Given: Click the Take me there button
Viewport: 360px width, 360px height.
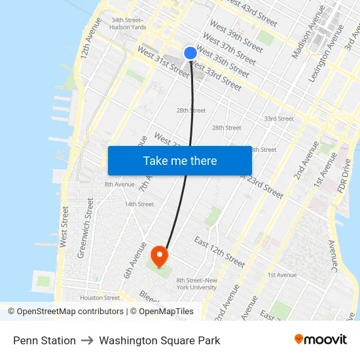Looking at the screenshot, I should point(180,160).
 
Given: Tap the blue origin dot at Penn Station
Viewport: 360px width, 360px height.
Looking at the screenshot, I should point(190,53).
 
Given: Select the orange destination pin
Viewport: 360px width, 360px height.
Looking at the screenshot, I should point(159,255).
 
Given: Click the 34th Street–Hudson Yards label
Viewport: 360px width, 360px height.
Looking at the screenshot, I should point(128,24).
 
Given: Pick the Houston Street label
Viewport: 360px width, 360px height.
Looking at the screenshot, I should point(100,298).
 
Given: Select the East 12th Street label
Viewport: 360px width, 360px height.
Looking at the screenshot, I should point(219,252).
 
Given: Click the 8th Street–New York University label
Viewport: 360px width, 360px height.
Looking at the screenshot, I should point(196,283).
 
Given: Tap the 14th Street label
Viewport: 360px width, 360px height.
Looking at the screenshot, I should point(139,204).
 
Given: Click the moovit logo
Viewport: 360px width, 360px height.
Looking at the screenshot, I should point(320,340).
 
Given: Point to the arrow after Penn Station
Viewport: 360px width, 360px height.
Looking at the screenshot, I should point(87,340).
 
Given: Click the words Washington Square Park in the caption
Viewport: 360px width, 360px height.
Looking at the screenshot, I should point(159,340).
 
